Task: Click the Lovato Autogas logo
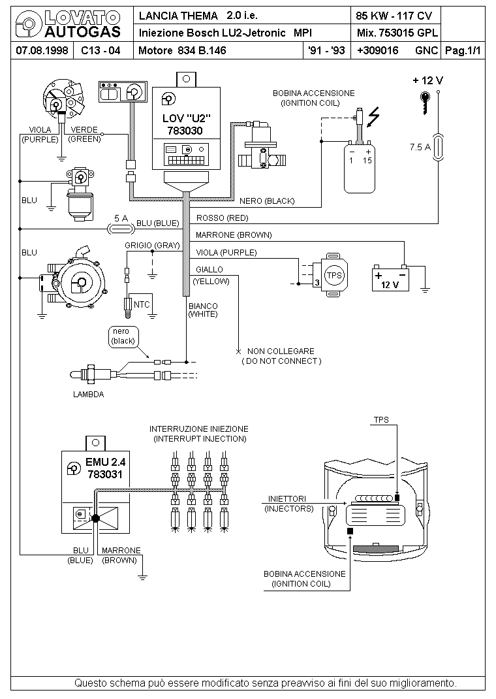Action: tap(68, 25)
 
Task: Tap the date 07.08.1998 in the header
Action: tap(42, 50)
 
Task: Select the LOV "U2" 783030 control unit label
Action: tap(185, 124)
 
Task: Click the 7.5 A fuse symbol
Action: tap(439, 147)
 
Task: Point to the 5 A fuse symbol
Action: tap(121, 229)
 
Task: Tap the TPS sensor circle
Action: tap(334, 275)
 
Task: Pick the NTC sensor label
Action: tap(142, 305)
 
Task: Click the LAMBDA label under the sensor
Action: tap(88, 395)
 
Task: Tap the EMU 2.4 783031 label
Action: tap(105, 468)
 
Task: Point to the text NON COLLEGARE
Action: tap(281, 351)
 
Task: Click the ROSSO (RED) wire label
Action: tap(222, 218)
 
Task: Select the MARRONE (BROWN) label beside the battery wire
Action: tap(234, 235)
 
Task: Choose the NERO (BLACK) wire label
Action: tap(267, 201)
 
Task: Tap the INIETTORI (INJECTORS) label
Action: tap(288, 504)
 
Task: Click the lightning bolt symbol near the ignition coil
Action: tap(373, 117)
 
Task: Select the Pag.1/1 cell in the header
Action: tap(463, 50)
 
